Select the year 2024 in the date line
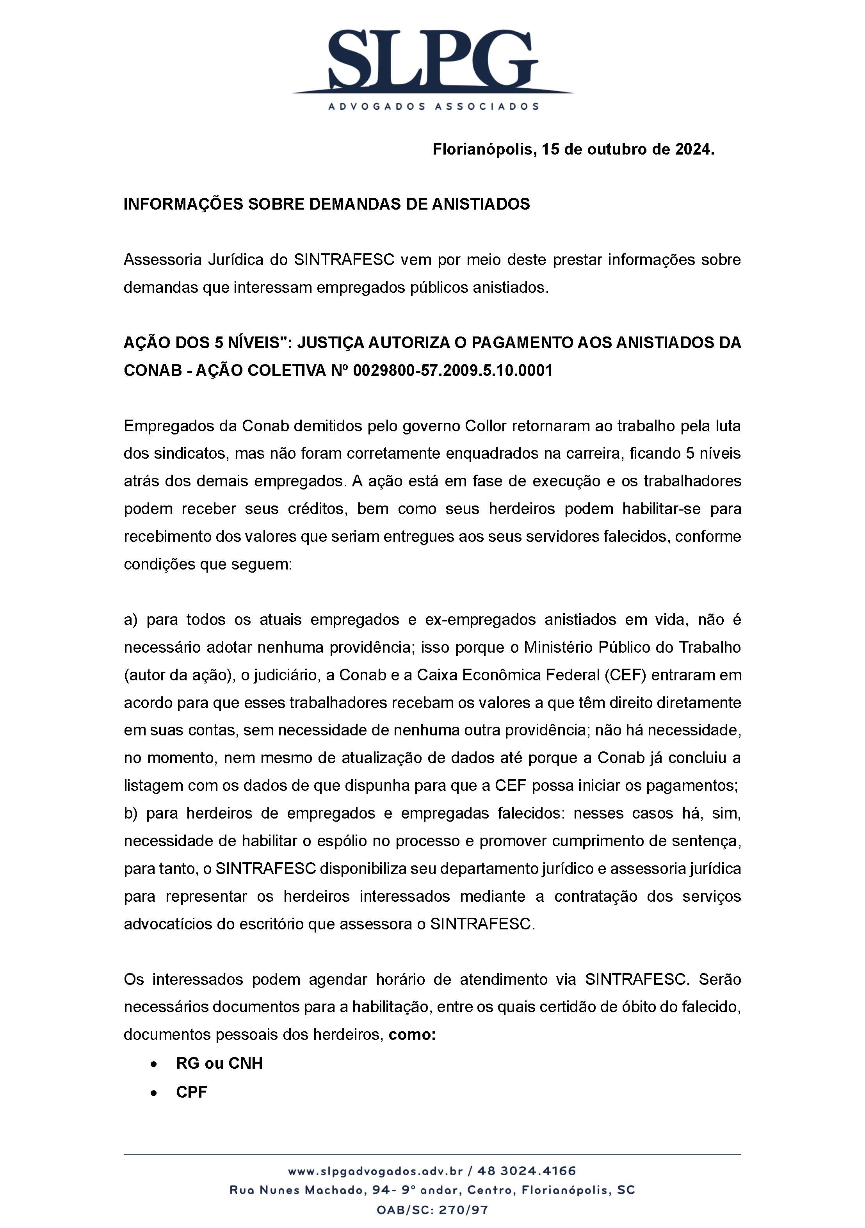pos(694,149)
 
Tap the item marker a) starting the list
pos(130,619)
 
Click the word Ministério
pos(559,647)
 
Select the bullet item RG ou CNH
pos(219,1063)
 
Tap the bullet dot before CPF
pos(154,1093)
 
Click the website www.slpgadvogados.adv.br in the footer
pos(375,1171)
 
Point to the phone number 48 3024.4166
pos(527,1171)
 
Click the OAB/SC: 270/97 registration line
pos(432,1210)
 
